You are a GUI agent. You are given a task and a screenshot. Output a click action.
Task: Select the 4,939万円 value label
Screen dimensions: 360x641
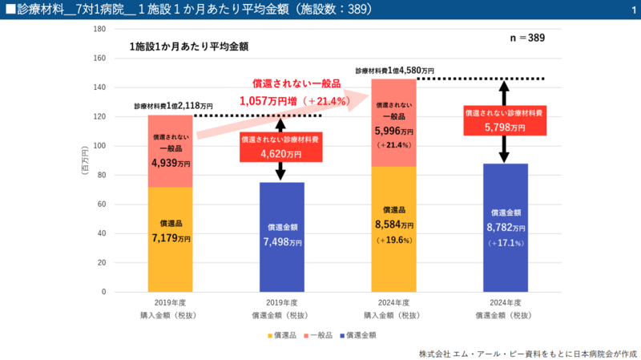point(171,163)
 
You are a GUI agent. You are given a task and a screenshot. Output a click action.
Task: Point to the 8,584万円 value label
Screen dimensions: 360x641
point(394,225)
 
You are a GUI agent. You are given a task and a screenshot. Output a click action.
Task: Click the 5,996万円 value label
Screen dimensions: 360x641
point(394,131)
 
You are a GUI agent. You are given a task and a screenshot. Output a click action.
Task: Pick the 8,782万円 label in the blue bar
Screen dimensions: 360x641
point(506,227)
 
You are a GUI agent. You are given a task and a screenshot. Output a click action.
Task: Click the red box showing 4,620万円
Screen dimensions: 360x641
point(281,148)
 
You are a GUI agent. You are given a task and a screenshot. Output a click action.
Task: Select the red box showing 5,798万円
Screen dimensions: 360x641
point(505,120)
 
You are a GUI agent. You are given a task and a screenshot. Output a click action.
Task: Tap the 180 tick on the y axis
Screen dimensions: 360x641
point(100,29)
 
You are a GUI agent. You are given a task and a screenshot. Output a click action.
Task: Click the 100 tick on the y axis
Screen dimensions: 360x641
point(100,146)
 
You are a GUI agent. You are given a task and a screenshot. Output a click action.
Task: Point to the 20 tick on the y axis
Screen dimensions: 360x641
point(103,263)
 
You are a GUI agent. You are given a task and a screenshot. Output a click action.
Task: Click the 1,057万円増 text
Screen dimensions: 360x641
point(269,101)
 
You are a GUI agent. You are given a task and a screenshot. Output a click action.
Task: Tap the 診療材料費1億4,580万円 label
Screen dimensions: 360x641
point(394,71)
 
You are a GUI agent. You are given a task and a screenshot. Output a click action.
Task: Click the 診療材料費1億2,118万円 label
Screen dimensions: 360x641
point(173,106)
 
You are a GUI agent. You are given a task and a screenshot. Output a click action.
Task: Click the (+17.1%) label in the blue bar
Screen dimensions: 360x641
point(506,243)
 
